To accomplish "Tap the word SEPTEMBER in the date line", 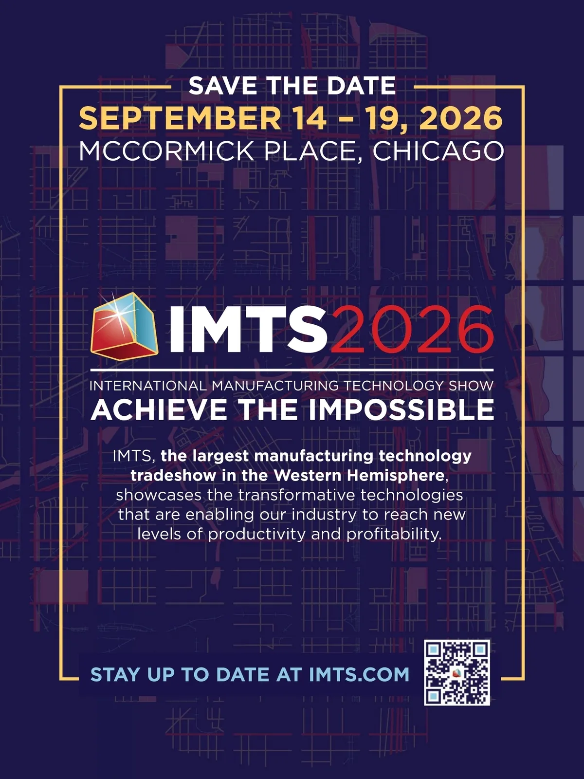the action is pyautogui.click(x=180, y=118).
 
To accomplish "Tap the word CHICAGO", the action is pyautogui.click(x=438, y=151).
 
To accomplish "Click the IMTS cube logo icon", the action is pyautogui.click(x=124, y=326).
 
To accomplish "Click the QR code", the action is pyautogui.click(x=457, y=672).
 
